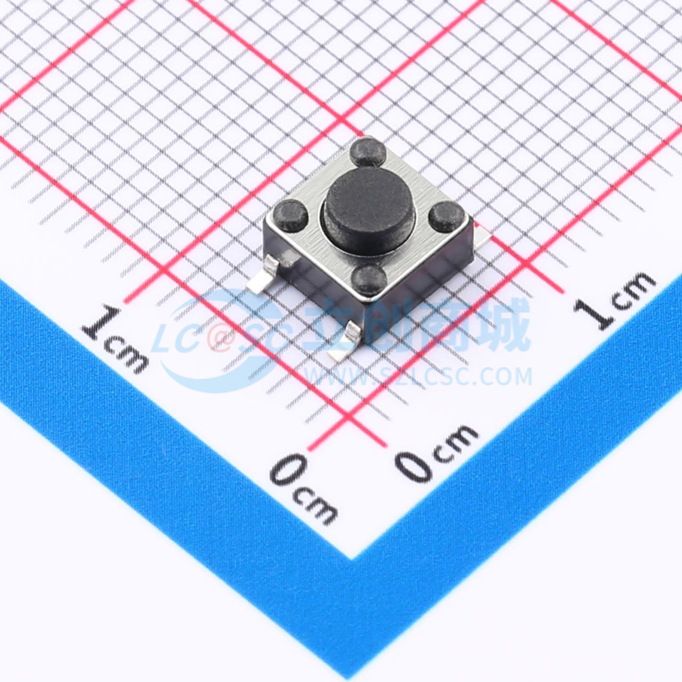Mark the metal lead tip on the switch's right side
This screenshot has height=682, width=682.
point(482,234)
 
